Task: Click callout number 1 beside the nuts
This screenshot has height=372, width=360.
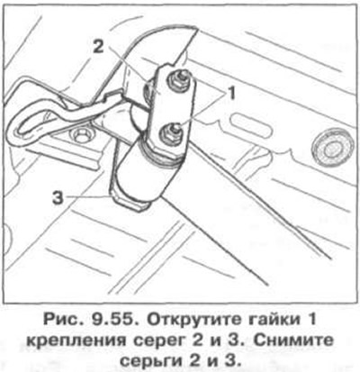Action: point(233,91)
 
